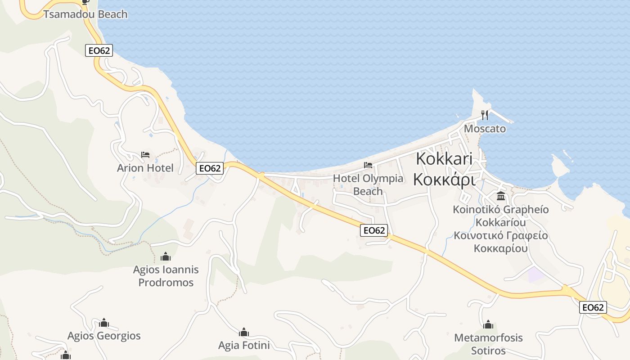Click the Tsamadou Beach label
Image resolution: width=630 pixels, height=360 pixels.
[85, 14]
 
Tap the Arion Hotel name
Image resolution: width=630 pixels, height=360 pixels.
[145, 168]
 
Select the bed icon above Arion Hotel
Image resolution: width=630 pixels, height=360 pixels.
[145, 155]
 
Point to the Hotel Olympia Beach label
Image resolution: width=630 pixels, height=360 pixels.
[368, 184]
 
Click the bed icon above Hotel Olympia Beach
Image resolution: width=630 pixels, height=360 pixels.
[368, 165]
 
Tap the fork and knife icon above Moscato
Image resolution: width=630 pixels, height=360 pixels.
[485, 115]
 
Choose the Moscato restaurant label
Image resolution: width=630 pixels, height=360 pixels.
[485, 129]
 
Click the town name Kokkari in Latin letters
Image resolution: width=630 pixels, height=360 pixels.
[444, 159]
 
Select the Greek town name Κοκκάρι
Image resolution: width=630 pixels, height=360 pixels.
[444, 179]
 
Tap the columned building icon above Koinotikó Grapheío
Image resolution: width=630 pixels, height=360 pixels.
[501, 196]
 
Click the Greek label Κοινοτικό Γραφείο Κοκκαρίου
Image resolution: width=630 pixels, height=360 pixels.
[501, 242]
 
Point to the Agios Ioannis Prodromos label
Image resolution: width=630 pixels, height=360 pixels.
[166, 276]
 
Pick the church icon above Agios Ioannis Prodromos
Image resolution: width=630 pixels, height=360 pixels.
[166, 257]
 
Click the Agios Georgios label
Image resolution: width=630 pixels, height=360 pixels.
[104, 336]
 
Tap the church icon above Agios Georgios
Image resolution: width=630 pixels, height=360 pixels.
[104, 323]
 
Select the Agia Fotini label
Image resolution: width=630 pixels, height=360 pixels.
[244, 345]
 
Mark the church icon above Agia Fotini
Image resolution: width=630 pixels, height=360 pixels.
[244, 333]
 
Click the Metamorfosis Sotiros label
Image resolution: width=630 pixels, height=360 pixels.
[488, 344]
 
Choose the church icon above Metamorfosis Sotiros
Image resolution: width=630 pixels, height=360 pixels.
[488, 324]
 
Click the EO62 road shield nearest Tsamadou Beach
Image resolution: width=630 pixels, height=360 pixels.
[99, 50]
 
